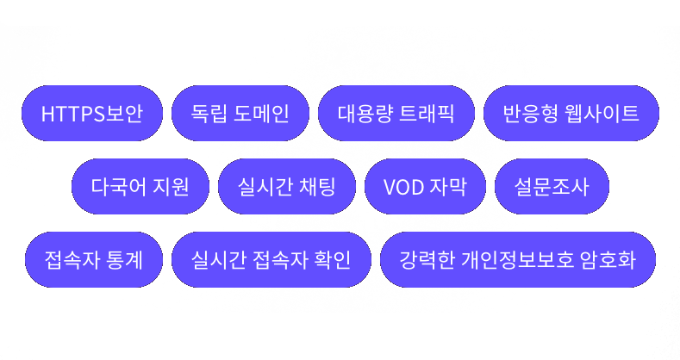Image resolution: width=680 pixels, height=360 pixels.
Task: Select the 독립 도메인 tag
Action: [x=240, y=113]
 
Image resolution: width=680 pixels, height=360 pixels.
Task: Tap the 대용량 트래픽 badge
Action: [x=396, y=113]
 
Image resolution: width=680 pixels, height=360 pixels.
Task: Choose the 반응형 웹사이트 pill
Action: [x=571, y=113]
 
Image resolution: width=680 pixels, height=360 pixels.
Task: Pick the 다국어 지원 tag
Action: [x=140, y=186]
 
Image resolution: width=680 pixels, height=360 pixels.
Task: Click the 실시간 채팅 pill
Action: [x=286, y=186]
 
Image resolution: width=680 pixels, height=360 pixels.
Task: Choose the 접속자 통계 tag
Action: [x=94, y=259]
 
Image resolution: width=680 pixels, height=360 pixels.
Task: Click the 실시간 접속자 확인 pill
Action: [x=271, y=259]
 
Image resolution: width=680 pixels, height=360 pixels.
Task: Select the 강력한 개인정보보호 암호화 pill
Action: [x=518, y=259]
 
